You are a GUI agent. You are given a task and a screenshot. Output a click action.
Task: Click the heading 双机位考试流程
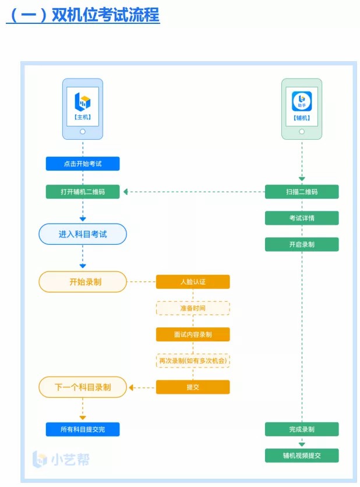click(83, 15)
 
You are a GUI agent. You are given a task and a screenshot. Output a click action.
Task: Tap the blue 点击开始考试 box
click(83, 164)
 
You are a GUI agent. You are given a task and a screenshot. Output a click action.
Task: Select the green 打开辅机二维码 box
click(83, 192)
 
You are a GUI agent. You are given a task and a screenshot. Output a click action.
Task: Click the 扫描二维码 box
click(302, 192)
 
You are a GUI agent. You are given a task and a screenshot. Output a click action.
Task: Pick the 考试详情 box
click(302, 218)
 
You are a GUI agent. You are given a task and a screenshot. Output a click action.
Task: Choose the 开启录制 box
click(302, 244)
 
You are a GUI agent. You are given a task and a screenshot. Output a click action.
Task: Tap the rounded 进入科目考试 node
click(83, 234)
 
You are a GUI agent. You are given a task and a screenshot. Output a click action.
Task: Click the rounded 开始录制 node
click(83, 282)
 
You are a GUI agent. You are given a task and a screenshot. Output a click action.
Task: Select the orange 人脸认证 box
click(193, 282)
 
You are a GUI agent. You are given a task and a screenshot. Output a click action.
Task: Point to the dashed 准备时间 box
click(193, 308)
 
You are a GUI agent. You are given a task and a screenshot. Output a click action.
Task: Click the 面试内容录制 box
click(193, 334)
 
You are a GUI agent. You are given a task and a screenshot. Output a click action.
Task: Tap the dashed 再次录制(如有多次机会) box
click(193, 361)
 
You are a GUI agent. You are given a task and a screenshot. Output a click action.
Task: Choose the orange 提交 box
click(193, 387)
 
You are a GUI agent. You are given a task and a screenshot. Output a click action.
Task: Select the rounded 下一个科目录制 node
click(83, 387)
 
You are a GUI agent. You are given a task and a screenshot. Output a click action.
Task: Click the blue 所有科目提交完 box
click(83, 429)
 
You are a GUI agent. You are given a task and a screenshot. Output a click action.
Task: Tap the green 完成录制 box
click(302, 429)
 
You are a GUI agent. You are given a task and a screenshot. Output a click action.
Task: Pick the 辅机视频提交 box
click(302, 456)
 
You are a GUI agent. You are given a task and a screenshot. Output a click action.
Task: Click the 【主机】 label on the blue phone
click(83, 117)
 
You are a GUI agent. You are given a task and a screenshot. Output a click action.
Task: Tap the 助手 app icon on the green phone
click(302, 101)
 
